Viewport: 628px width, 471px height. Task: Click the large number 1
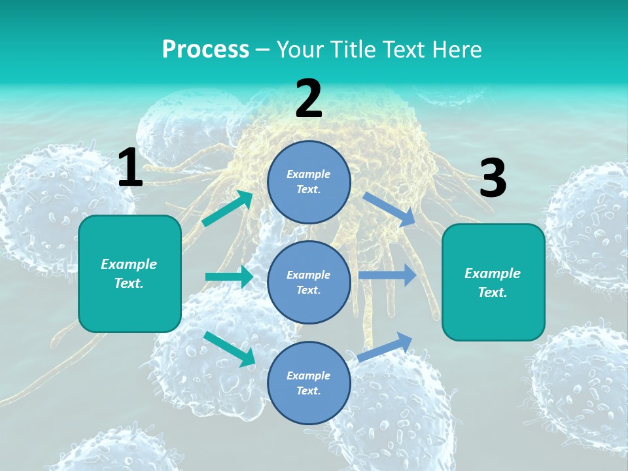coord(130,168)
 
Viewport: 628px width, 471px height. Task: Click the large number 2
coord(309,99)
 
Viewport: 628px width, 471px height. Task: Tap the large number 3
coord(493,179)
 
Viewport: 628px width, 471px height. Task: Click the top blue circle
coord(309,182)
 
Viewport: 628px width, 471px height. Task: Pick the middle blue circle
coord(309,282)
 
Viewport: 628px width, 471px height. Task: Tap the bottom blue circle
coord(309,383)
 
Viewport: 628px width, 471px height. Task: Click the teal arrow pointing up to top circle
coord(228,209)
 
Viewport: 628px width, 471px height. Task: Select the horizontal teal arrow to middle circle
coord(229,277)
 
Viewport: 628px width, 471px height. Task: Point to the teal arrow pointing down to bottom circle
coord(230,349)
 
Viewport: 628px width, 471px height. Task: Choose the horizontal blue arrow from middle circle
coord(387,275)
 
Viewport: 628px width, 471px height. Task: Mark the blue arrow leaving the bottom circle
coord(385,347)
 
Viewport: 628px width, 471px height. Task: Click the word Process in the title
coord(205,49)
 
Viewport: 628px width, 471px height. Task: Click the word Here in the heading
coord(456,49)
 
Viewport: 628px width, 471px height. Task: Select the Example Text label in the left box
coord(129,273)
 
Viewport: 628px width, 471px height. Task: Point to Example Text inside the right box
coord(493,283)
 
